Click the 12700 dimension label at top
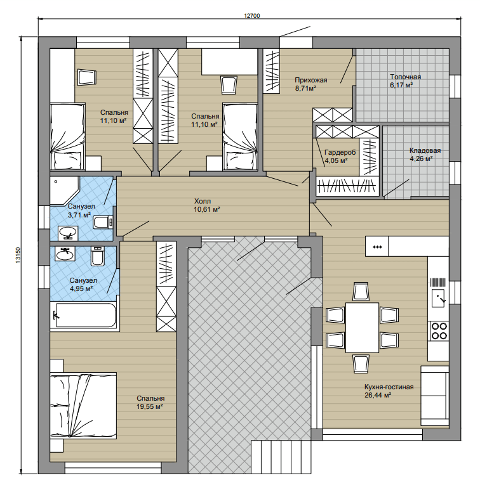[252, 16]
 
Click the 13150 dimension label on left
[18, 255]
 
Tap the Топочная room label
[405, 77]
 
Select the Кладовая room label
[425, 151]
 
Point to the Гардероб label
[340, 153]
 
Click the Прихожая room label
[311, 80]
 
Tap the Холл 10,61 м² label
[207, 205]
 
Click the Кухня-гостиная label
[389, 387]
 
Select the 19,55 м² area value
[150, 406]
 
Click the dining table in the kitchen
[362, 328]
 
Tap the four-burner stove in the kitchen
[439, 331]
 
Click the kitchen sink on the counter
[438, 298]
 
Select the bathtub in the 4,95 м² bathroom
[84, 315]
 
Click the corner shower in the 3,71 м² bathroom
[64, 190]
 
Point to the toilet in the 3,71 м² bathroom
[102, 222]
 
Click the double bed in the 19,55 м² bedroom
[83, 406]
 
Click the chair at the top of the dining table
[361, 292]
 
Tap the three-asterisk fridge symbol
[377, 247]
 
